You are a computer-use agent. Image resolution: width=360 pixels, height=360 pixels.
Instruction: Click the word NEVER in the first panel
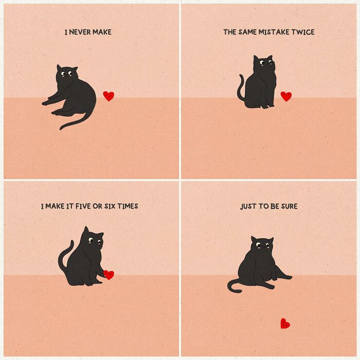click(80, 32)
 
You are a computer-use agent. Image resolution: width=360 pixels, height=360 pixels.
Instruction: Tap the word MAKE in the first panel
click(102, 32)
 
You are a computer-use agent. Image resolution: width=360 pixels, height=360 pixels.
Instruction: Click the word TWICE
click(303, 32)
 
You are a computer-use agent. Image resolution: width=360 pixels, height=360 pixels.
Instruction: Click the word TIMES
click(128, 206)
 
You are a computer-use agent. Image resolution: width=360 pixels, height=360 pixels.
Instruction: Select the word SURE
click(289, 206)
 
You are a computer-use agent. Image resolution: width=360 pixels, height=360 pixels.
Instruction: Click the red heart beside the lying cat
click(109, 96)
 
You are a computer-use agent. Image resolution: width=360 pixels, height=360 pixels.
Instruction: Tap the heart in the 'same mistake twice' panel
click(286, 96)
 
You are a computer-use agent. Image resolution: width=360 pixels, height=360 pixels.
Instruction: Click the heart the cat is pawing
click(109, 275)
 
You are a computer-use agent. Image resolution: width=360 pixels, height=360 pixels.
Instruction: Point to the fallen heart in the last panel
click(285, 323)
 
